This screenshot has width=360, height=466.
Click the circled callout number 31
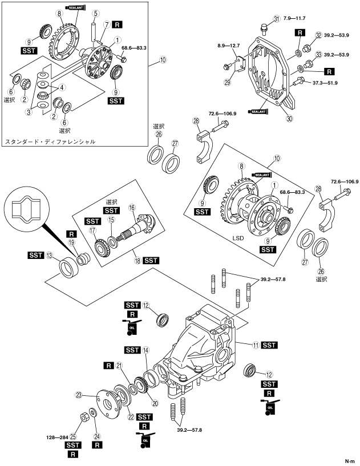tap(277, 19)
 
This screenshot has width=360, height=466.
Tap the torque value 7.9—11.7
tap(294, 18)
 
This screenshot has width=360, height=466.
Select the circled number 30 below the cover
tap(289, 119)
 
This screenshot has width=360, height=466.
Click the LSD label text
tap(238, 238)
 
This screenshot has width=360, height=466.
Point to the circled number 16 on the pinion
tap(132, 208)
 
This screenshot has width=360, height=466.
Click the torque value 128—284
tap(58, 437)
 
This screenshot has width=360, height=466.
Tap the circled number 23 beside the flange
tap(79, 395)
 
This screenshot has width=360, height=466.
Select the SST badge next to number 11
tap(269, 345)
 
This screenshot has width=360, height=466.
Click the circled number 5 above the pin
tap(95, 13)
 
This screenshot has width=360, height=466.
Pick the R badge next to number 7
tap(117, 25)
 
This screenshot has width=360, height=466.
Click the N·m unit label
tap(350, 461)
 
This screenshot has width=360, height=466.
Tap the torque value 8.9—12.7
tap(228, 46)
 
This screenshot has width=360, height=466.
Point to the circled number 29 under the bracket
tap(228, 82)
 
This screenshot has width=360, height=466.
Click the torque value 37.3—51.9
tap(325, 83)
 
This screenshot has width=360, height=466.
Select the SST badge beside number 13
tap(36, 255)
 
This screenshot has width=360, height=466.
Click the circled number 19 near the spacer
tap(71, 243)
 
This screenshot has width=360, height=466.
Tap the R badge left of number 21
tap(109, 366)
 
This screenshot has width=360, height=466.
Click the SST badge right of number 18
tap(151, 261)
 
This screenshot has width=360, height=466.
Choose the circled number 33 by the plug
tap(319, 55)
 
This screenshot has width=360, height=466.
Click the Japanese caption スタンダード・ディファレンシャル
tap(50, 141)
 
